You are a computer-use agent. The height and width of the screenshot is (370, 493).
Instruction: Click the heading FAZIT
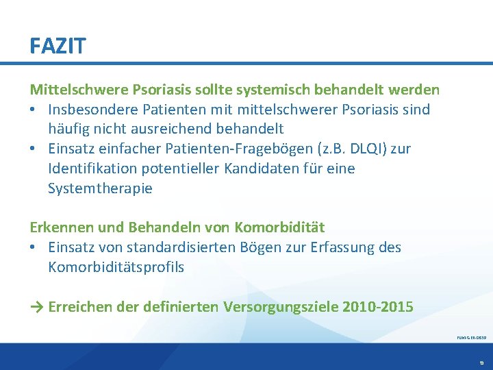pos(58,46)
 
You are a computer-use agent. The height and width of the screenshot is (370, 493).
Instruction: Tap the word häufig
pos(69,128)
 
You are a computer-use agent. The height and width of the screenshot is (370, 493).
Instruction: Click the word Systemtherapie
pos(100,188)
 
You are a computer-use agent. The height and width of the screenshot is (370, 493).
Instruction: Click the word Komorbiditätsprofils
pos(116,267)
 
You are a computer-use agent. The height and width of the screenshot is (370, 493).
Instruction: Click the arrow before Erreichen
pos(36,306)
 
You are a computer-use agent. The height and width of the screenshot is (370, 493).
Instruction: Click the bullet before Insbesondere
pos(33,109)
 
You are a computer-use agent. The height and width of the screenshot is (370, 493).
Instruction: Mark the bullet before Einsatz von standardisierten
pos(33,247)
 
